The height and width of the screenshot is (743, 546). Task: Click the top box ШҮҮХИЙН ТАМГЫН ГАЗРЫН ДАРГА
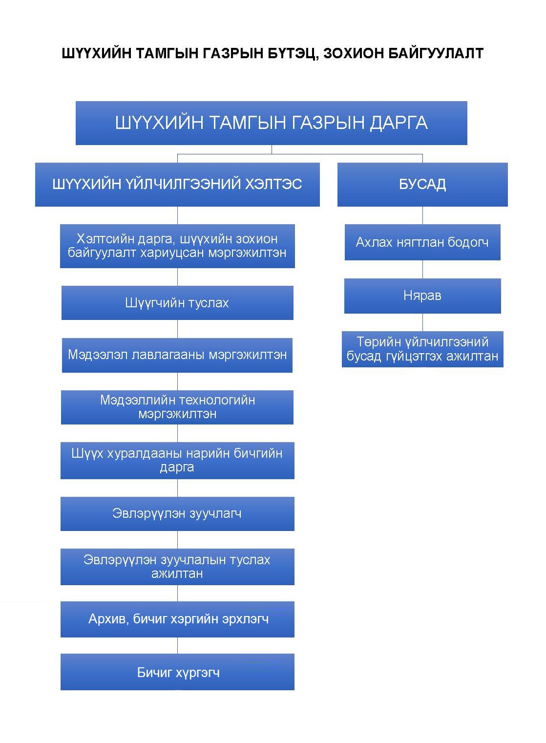272,123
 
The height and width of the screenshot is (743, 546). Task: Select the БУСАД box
422,185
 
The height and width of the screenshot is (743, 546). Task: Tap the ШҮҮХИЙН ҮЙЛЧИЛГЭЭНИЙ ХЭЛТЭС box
177,185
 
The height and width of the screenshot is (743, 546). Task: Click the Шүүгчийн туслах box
177,303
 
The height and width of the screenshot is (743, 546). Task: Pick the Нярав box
422,296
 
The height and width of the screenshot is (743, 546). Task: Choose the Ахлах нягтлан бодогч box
422,242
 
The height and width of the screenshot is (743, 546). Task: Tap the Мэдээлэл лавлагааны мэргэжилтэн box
177,355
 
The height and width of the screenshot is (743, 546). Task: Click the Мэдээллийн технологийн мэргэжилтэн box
177,407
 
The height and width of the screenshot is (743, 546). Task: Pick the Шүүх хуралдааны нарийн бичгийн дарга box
177,460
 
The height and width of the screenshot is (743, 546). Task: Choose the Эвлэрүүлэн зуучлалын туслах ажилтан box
177,567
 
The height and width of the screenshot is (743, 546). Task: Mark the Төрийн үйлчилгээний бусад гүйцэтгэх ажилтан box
422,349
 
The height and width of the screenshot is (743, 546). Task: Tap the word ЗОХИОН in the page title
354,53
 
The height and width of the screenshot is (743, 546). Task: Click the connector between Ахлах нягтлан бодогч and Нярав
422,269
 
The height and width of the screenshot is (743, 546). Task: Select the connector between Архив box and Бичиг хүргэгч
177,645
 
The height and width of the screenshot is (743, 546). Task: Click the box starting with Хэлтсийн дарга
177,246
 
